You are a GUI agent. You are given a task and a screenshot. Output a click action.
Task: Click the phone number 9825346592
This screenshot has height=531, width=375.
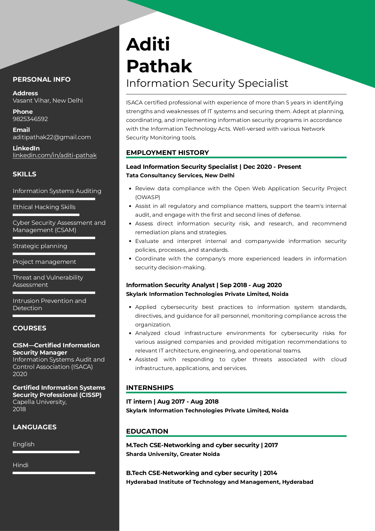click(30, 119)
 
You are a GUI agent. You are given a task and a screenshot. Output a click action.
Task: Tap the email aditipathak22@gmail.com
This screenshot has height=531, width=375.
click(52, 137)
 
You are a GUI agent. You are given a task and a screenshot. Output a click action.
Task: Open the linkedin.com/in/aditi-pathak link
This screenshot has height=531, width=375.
click(54, 156)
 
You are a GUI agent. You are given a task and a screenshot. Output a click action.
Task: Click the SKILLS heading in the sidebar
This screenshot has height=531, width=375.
click(24, 174)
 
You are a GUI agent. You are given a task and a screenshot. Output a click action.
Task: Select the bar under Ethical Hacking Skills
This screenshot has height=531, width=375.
click(46, 215)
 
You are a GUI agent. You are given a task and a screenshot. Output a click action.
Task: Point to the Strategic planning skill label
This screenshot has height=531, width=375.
click(40, 246)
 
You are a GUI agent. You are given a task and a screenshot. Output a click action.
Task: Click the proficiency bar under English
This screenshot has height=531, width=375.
click(46, 452)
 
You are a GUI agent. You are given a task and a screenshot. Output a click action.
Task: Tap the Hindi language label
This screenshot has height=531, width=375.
click(21, 465)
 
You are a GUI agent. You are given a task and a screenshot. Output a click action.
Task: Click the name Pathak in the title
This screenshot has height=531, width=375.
click(159, 66)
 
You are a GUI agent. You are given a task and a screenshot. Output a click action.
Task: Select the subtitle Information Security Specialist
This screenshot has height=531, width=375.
click(207, 83)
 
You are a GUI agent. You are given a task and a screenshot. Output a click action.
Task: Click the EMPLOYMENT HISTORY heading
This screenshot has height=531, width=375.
click(168, 152)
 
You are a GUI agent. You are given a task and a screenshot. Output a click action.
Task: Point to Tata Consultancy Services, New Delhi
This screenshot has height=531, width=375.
click(180, 175)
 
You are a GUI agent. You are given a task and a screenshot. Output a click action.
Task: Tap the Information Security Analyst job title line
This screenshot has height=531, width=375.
click(204, 285)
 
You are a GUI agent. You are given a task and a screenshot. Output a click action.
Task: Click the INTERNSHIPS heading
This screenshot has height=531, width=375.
click(150, 388)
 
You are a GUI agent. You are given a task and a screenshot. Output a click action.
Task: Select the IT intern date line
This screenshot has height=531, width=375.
click(172, 402)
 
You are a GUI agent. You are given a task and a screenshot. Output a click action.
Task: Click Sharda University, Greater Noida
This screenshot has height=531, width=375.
click(173, 454)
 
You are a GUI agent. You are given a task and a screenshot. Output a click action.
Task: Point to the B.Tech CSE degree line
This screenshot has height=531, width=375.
click(202, 473)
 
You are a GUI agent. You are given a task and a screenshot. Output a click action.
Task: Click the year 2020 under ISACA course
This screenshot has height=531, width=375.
click(20, 374)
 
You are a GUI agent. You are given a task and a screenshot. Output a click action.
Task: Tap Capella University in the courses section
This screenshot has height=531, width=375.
click(39, 402)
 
